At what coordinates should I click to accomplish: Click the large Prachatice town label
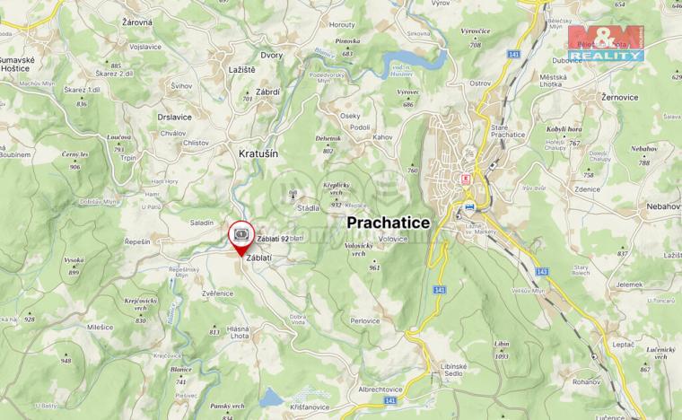coord(389,221)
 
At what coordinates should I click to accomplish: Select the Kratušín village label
coord(258,153)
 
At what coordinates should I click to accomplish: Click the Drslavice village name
coord(174,117)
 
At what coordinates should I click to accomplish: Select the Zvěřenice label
coord(218,292)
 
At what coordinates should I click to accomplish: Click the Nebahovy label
coord(663,206)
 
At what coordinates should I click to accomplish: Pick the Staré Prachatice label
coord(508,131)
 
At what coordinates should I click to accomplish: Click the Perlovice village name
coord(365,319)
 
